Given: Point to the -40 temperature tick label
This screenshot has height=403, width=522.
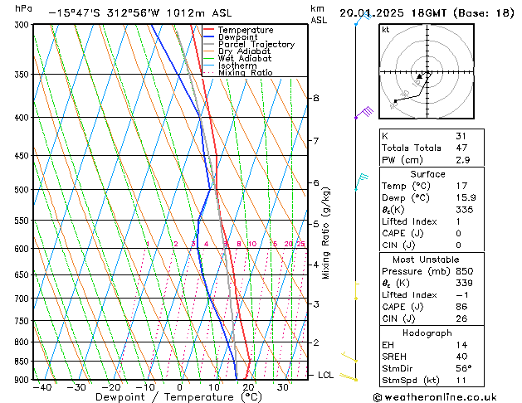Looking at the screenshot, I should pyautogui.click(x=41, y=387).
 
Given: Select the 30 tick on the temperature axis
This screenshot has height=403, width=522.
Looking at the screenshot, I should pyautogui.click(x=283, y=387).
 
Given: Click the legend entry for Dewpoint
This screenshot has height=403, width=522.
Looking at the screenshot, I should pyautogui.click(x=239, y=37).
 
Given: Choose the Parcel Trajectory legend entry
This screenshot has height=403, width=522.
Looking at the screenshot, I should pyautogui.click(x=256, y=45).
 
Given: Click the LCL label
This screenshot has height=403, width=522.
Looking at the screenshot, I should pyautogui.click(x=325, y=375).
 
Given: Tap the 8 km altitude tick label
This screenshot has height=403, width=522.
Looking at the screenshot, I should pyautogui.click(x=316, y=98).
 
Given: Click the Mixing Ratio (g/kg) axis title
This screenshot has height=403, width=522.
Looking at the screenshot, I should pyautogui.click(x=326, y=233).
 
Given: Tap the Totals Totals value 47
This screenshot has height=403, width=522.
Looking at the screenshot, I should pyautogui.click(x=461, y=147).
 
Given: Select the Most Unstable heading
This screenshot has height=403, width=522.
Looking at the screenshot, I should pyautogui.click(x=427, y=259).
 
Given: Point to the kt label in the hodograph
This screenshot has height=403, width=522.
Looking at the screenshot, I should pyautogui.click(x=385, y=29).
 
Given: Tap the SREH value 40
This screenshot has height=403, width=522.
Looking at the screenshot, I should pyautogui.click(x=461, y=356).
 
